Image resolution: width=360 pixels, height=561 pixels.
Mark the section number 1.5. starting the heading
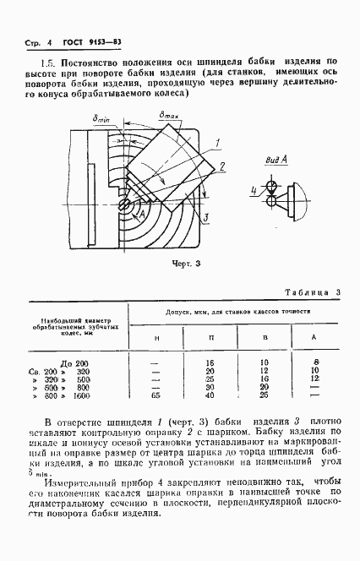[x=49, y=62]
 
